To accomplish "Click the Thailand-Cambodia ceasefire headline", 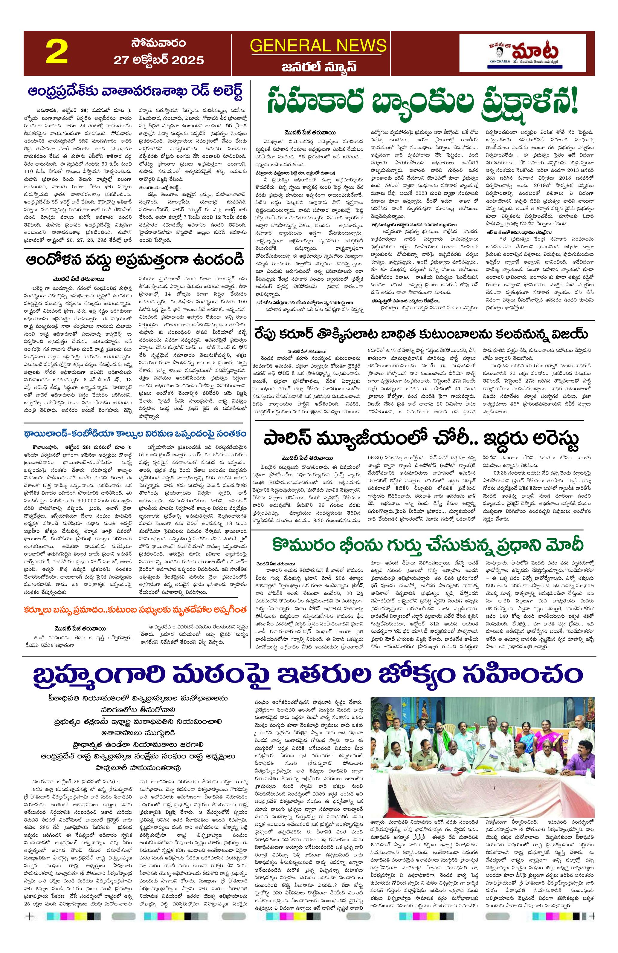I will tap(135, 433).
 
